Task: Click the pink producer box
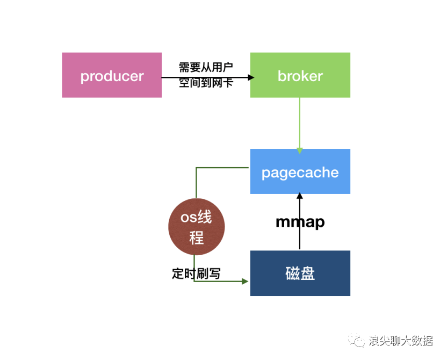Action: click(x=112, y=75)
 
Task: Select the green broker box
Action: click(x=300, y=75)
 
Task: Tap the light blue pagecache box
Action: click(x=300, y=171)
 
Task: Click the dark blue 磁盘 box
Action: click(x=300, y=273)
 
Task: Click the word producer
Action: click(x=112, y=76)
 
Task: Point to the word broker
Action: click(x=300, y=76)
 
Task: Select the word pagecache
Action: click(x=300, y=172)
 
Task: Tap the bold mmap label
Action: click(x=300, y=222)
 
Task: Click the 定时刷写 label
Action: click(x=196, y=273)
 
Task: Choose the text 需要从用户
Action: click(x=206, y=68)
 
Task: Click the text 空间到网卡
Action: click(x=206, y=83)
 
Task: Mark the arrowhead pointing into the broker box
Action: click(x=250, y=77)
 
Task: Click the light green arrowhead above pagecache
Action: click(x=300, y=150)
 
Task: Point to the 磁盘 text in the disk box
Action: click(x=300, y=273)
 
